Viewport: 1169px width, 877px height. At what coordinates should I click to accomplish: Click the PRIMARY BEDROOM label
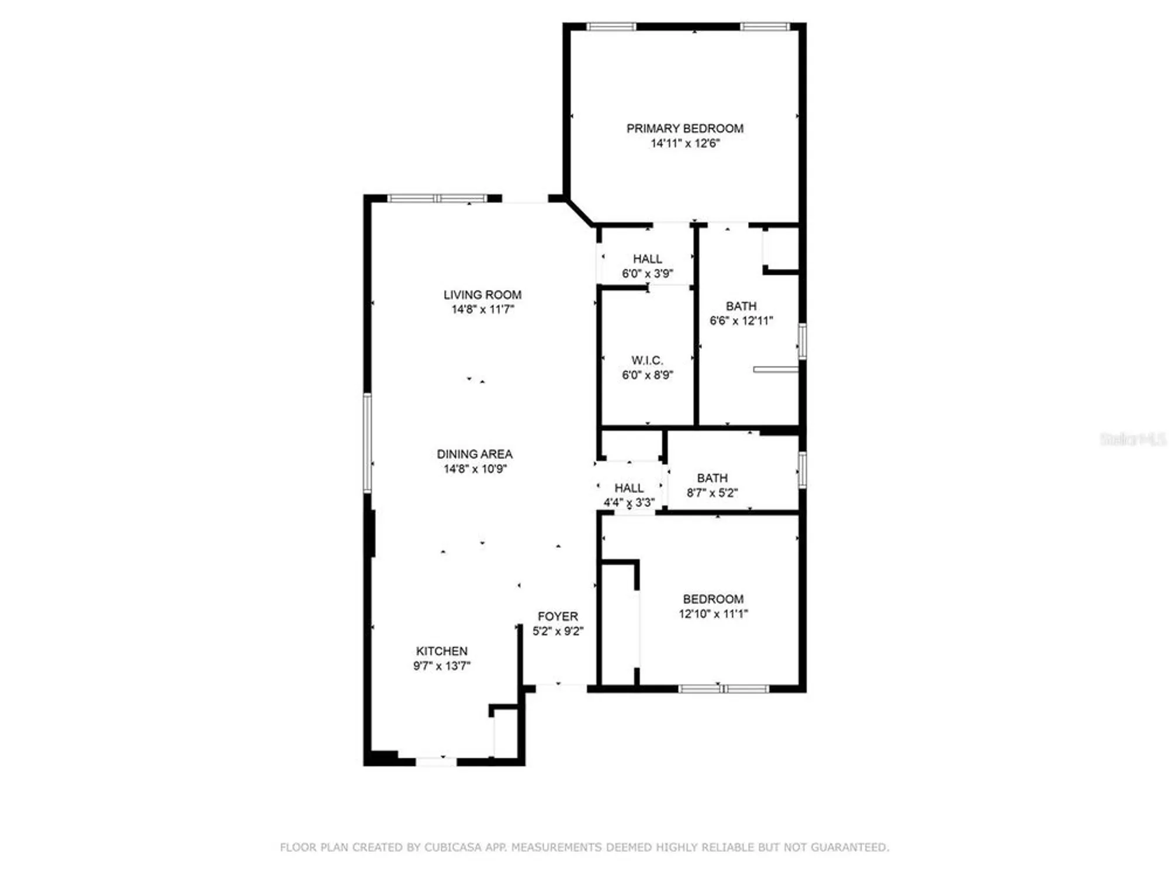(684, 129)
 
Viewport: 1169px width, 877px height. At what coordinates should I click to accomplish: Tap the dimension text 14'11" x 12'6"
(684, 144)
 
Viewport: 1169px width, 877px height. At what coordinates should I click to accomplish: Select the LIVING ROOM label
(482, 295)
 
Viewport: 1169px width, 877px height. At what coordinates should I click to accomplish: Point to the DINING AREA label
(474, 454)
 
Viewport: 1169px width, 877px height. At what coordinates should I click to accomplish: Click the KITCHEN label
(441, 651)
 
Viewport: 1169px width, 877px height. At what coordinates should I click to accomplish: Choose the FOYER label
(558, 616)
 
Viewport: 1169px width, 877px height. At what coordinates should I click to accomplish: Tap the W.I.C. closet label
(647, 360)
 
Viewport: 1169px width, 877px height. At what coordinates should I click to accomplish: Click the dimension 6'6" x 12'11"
(741, 321)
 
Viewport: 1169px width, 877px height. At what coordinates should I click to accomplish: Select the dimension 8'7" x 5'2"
(712, 493)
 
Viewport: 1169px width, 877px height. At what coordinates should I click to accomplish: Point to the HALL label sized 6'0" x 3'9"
(647, 259)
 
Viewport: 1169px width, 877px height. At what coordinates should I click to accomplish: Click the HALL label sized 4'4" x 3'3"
(629, 488)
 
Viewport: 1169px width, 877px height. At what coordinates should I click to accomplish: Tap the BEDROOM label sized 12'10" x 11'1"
(713, 599)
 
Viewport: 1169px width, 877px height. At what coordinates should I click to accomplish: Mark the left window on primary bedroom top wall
(611, 27)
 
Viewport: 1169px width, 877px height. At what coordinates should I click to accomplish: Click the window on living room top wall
(437, 199)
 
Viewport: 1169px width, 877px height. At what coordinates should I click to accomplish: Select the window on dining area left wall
(368, 443)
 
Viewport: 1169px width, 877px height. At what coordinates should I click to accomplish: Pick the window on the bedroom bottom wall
(724, 689)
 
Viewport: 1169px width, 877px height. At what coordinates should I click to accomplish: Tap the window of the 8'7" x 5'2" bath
(802, 469)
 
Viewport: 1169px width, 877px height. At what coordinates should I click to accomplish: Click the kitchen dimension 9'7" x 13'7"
(441, 666)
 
